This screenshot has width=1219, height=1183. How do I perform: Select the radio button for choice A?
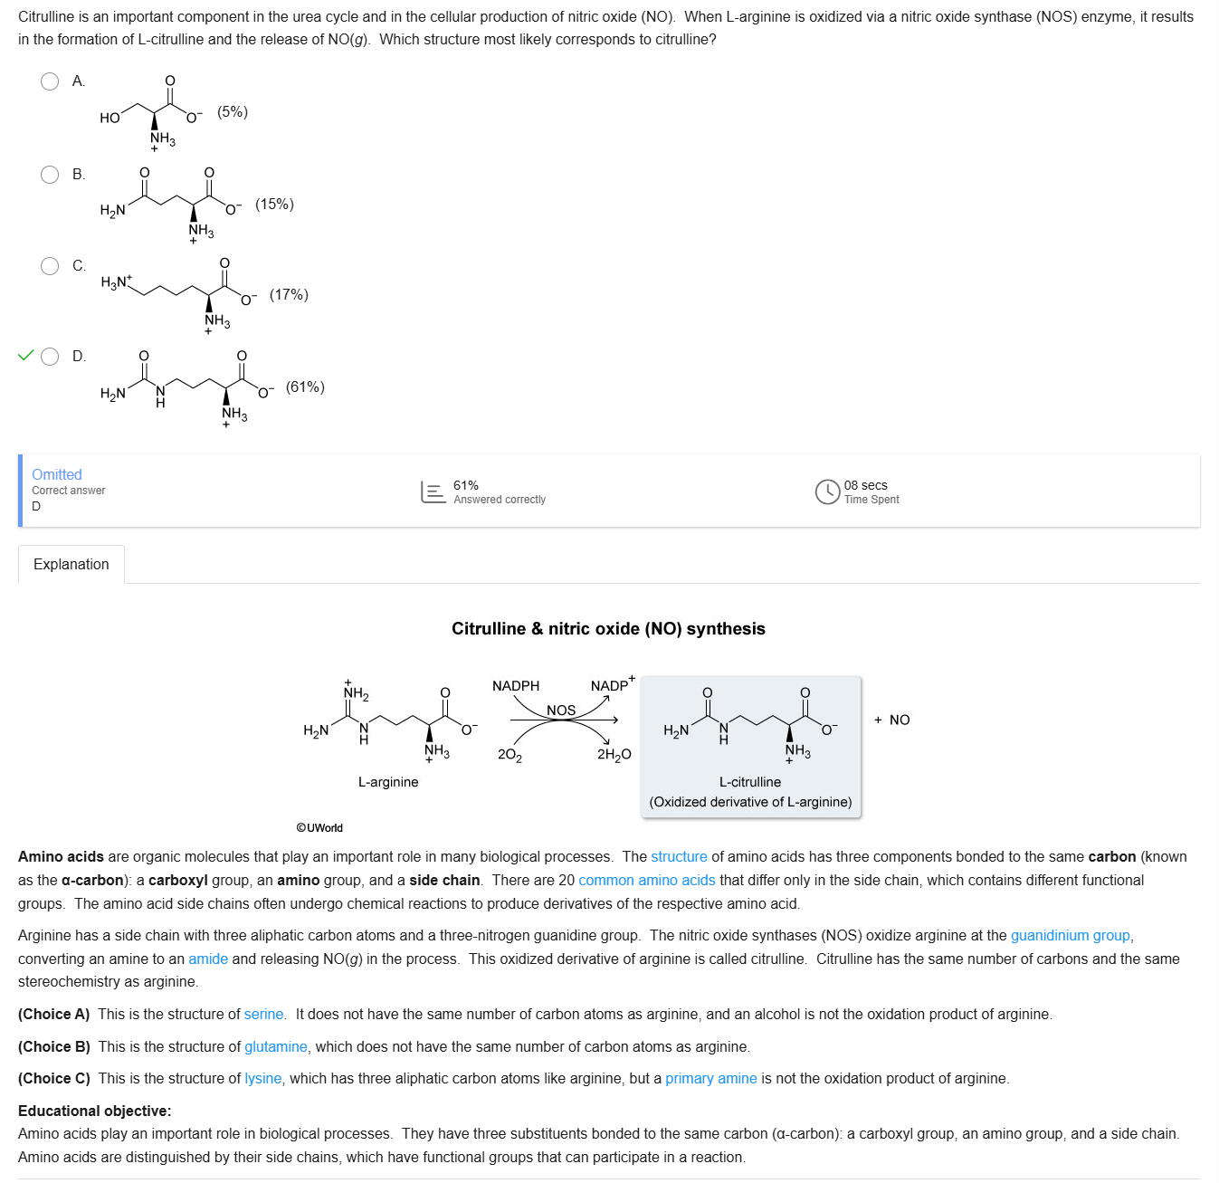click(x=50, y=81)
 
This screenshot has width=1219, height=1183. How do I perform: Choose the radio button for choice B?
click(x=50, y=175)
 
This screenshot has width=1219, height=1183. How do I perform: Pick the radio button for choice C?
click(x=50, y=266)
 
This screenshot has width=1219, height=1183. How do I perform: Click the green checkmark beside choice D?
click(x=25, y=355)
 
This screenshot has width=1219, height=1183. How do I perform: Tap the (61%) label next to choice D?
click(x=305, y=387)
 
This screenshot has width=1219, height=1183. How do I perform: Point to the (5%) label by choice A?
click(x=233, y=112)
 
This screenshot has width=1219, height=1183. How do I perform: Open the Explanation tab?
click(x=71, y=565)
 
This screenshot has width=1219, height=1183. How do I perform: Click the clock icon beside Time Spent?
click(x=827, y=491)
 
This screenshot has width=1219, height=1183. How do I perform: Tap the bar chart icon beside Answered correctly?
click(x=433, y=491)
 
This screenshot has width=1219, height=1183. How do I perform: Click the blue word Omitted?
click(x=57, y=474)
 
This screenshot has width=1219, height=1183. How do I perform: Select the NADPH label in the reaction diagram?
click(x=516, y=686)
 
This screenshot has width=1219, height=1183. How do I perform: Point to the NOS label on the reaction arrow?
click(x=561, y=711)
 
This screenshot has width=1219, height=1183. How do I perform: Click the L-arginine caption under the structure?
click(x=388, y=782)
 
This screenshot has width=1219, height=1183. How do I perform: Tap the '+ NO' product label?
click(x=892, y=720)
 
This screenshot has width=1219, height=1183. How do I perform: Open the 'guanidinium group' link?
click(x=1070, y=936)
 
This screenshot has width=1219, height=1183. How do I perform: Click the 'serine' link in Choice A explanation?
click(x=263, y=1015)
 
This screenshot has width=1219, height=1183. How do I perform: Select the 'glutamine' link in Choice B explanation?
click(x=275, y=1047)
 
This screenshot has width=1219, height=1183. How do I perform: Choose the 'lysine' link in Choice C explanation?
click(x=262, y=1079)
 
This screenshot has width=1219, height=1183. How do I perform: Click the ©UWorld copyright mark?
click(x=319, y=828)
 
